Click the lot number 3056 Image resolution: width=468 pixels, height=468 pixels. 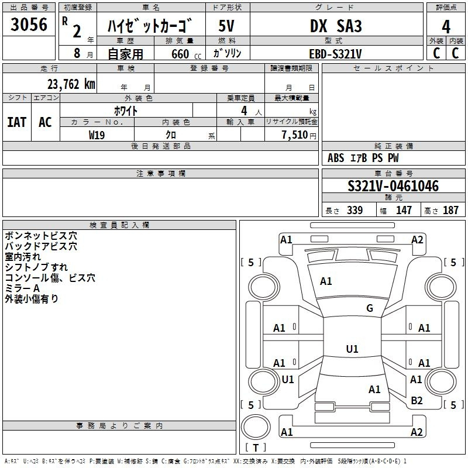click(29, 25)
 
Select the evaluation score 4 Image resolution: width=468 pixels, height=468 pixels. click(446, 26)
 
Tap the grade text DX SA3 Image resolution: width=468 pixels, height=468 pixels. click(336, 26)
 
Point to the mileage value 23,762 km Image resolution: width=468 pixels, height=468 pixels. click(71, 84)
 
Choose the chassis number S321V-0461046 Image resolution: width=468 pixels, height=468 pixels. click(393, 187)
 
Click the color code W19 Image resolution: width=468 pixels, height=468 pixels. click(97, 135)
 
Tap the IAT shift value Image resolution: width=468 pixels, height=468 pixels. click(16, 122)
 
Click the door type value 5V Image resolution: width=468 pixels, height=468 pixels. click(227, 26)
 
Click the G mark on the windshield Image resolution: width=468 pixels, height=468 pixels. click(369, 308)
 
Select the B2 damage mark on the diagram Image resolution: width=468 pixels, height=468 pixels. click(417, 400)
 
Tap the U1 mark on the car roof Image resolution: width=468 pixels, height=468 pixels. click(352, 349)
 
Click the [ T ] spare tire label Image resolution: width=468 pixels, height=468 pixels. click(256, 448)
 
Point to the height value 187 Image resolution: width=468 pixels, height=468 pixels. click(450, 211)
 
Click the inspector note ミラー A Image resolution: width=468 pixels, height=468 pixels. click(22, 288)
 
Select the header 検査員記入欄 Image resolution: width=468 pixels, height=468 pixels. click(119, 225)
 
